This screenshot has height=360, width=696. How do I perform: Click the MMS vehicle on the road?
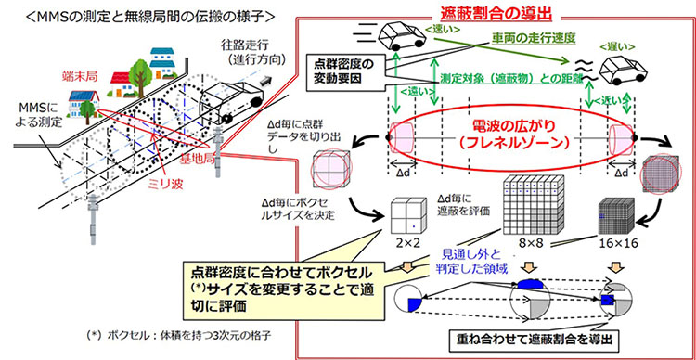(229, 96)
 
